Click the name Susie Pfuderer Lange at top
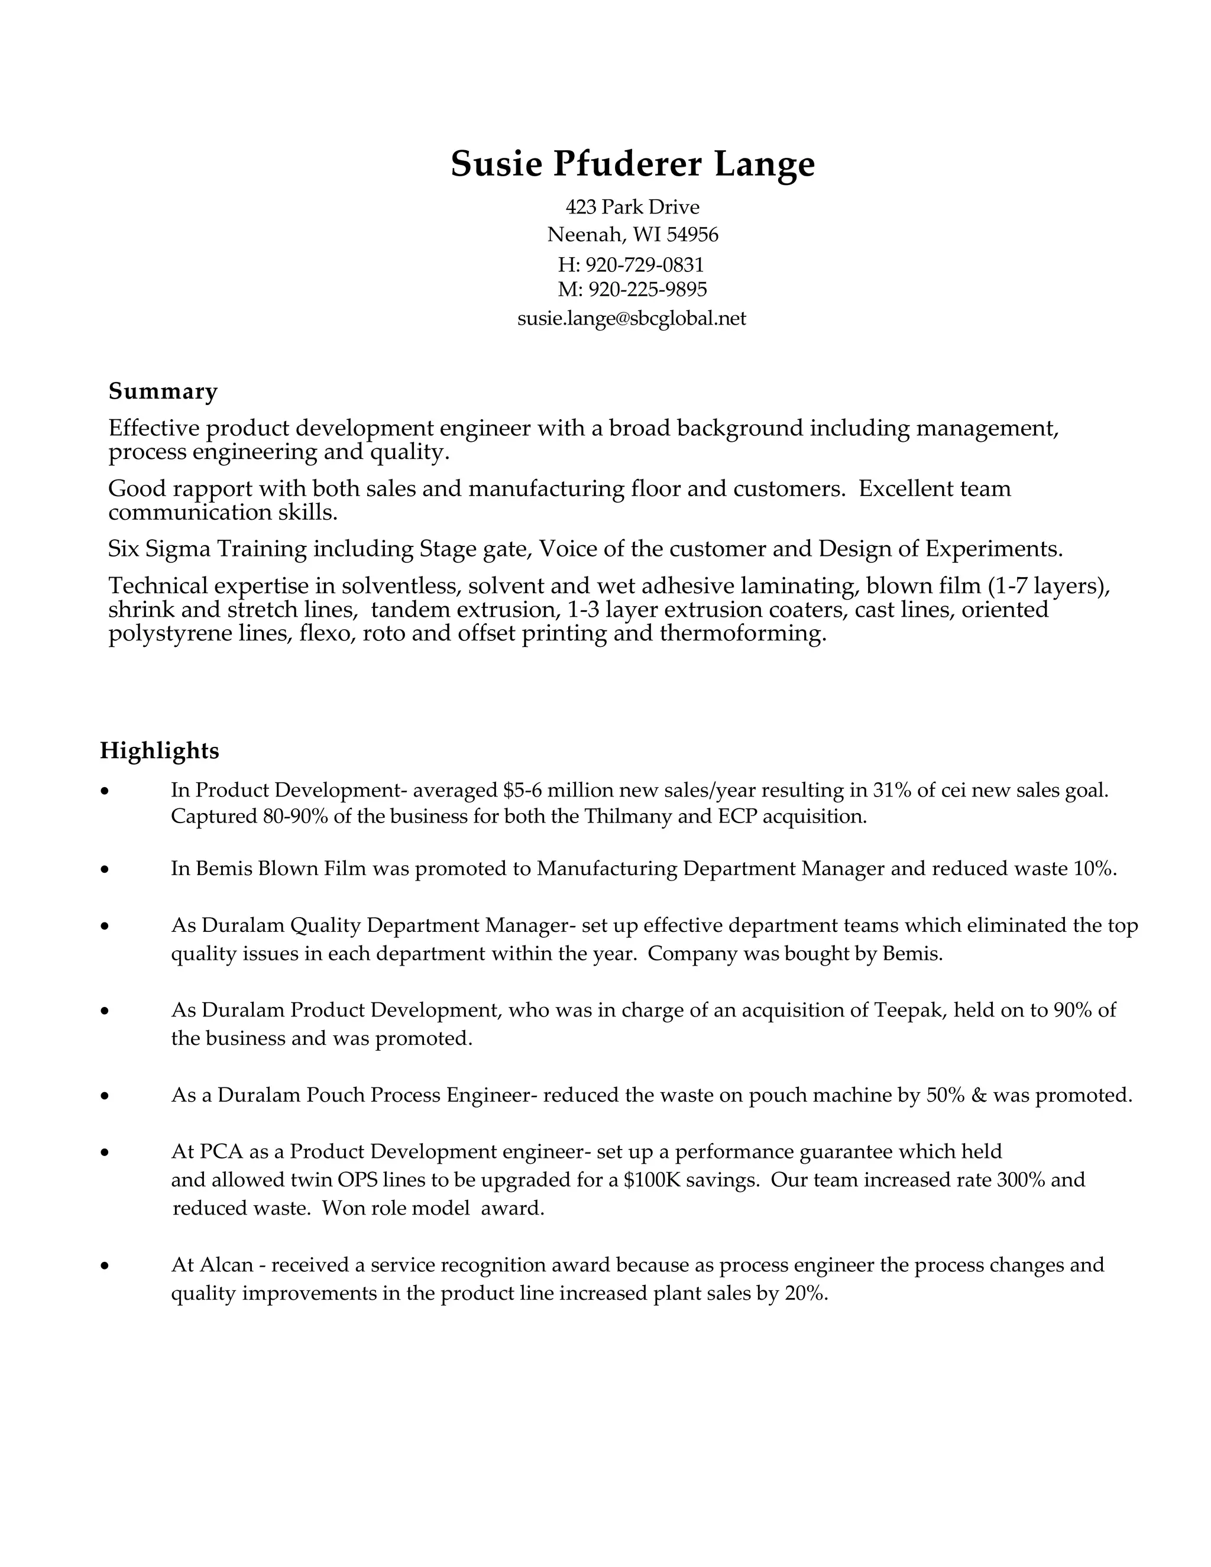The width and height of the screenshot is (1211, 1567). (x=632, y=164)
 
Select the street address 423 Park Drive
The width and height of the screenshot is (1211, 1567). (x=632, y=208)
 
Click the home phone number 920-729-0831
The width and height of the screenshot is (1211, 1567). (x=645, y=265)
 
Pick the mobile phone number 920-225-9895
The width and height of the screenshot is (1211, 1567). (x=647, y=289)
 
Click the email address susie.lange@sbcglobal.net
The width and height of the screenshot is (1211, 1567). (x=632, y=318)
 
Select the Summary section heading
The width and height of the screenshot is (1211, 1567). (x=163, y=391)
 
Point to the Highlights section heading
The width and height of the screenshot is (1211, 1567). (x=159, y=750)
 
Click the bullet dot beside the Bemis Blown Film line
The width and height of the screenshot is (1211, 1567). (x=105, y=870)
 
